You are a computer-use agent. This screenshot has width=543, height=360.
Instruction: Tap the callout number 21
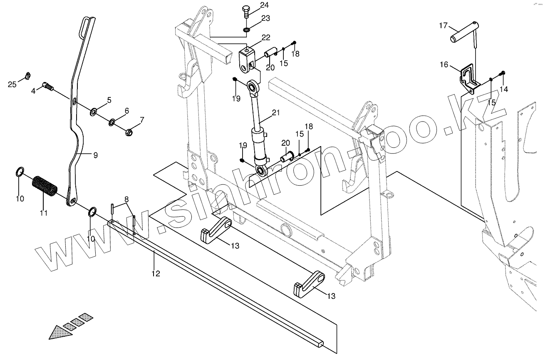click(276, 113)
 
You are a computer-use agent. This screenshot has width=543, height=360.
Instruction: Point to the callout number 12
click(156, 273)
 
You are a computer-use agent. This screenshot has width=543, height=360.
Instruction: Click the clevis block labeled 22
click(248, 58)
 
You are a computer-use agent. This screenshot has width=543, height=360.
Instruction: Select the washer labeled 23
click(247, 30)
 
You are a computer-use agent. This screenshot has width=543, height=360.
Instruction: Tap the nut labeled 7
click(129, 132)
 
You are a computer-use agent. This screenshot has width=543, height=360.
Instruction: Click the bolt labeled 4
click(48, 87)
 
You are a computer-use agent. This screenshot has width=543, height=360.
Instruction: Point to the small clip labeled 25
click(28, 75)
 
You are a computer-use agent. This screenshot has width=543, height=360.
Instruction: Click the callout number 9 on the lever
click(95, 155)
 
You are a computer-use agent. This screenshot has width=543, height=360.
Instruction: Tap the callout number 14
click(504, 89)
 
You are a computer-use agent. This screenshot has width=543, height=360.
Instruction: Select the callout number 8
click(126, 199)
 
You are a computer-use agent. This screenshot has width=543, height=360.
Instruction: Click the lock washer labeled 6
click(112, 122)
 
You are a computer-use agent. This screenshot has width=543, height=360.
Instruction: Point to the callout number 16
click(444, 65)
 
